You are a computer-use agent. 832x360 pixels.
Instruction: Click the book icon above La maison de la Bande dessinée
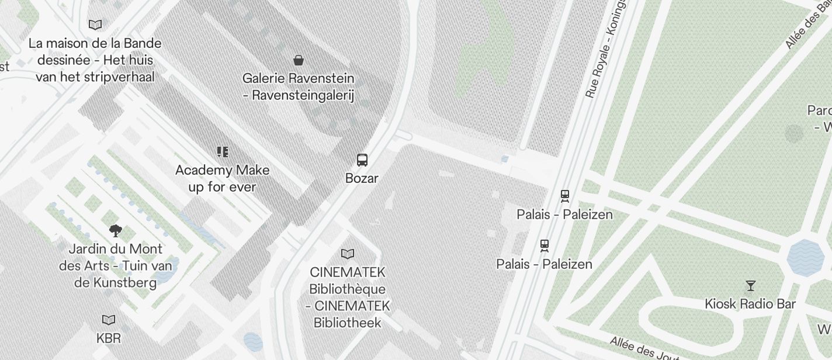[x=95, y=25]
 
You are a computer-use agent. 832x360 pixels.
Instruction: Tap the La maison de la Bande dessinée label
[x=95, y=60]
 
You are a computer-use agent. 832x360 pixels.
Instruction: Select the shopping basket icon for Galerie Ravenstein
[x=299, y=60]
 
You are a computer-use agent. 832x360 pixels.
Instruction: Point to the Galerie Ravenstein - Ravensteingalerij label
[x=299, y=86]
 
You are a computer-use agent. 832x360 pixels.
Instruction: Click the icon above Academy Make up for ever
[x=222, y=152]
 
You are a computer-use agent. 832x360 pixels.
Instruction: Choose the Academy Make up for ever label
[x=222, y=178]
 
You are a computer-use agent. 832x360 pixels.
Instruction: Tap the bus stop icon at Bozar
[x=362, y=160]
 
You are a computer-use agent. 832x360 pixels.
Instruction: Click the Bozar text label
[x=362, y=178]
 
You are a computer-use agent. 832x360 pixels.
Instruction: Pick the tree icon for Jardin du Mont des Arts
[x=116, y=231]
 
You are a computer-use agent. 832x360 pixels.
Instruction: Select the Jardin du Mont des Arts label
[x=116, y=266]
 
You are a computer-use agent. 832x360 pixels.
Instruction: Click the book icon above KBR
[x=109, y=320]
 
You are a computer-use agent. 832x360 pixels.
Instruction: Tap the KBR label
[x=109, y=338]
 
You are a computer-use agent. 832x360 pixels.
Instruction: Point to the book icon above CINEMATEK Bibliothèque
[x=348, y=254]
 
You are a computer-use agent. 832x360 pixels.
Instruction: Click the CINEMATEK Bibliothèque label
[x=348, y=297]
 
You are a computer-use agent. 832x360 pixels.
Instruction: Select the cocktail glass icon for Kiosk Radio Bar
[x=751, y=286]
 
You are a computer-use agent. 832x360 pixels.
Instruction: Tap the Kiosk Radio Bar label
[x=750, y=304]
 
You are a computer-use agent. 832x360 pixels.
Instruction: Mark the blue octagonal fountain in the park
[x=805, y=257]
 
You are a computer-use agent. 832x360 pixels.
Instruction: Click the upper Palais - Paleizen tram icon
[x=564, y=196]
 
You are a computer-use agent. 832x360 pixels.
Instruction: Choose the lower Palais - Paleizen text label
[x=545, y=264]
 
